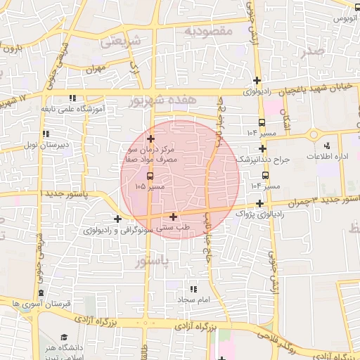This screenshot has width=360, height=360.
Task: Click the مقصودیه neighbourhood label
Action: [207, 32]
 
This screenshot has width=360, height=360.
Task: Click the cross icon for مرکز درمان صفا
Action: [150, 139]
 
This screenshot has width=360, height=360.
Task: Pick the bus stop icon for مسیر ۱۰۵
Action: [148, 176]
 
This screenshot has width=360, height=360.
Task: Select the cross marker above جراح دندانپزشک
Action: [262, 148]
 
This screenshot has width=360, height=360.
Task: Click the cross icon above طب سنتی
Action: [173, 217]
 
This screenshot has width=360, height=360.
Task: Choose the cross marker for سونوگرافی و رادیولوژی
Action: [117, 219]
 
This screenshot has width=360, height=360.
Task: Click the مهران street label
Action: [96, 69]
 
